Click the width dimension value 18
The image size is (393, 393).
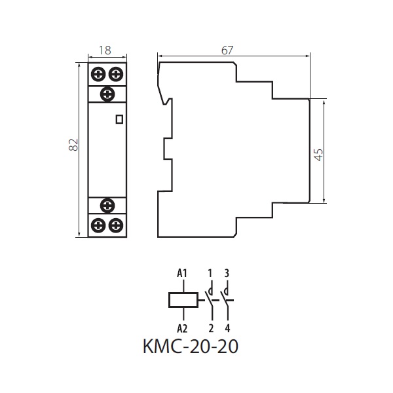[x=105, y=50]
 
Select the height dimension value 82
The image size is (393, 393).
[x=73, y=144]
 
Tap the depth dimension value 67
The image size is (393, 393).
[x=227, y=50]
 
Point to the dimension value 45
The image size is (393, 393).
[x=318, y=155]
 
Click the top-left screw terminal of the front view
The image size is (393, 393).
[x=98, y=74]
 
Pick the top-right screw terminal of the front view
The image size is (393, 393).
[x=116, y=74]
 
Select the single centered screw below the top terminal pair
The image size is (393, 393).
[x=107, y=94]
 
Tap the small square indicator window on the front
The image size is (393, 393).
[x=119, y=119]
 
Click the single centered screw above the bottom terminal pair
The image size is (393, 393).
[x=107, y=206]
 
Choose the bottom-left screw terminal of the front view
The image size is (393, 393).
[x=98, y=225]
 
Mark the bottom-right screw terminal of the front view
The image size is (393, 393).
[x=116, y=225]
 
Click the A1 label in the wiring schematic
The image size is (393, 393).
[x=182, y=273]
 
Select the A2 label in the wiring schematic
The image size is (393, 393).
[x=182, y=328]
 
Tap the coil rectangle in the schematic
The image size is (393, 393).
[x=183, y=300]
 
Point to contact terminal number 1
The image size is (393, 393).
[x=210, y=273]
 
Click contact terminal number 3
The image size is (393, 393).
[x=227, y=273]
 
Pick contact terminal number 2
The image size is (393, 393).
[x=211, y=328]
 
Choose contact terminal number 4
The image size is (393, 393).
[x=227, y=328]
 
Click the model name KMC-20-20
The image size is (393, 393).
[x=191, y=346]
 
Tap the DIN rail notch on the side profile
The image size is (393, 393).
[x=168, y=149]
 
